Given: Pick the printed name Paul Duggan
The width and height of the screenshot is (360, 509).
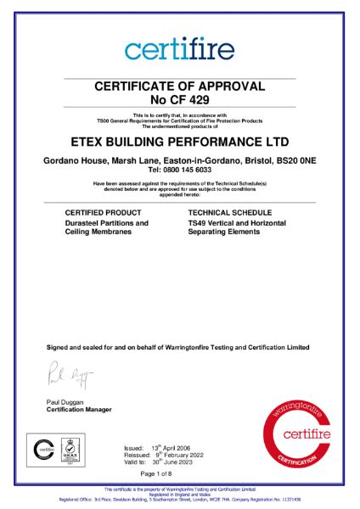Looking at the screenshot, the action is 66,402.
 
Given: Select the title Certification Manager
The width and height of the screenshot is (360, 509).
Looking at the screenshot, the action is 82,410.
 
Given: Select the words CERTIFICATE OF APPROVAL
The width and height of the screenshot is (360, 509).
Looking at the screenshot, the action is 179,86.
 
